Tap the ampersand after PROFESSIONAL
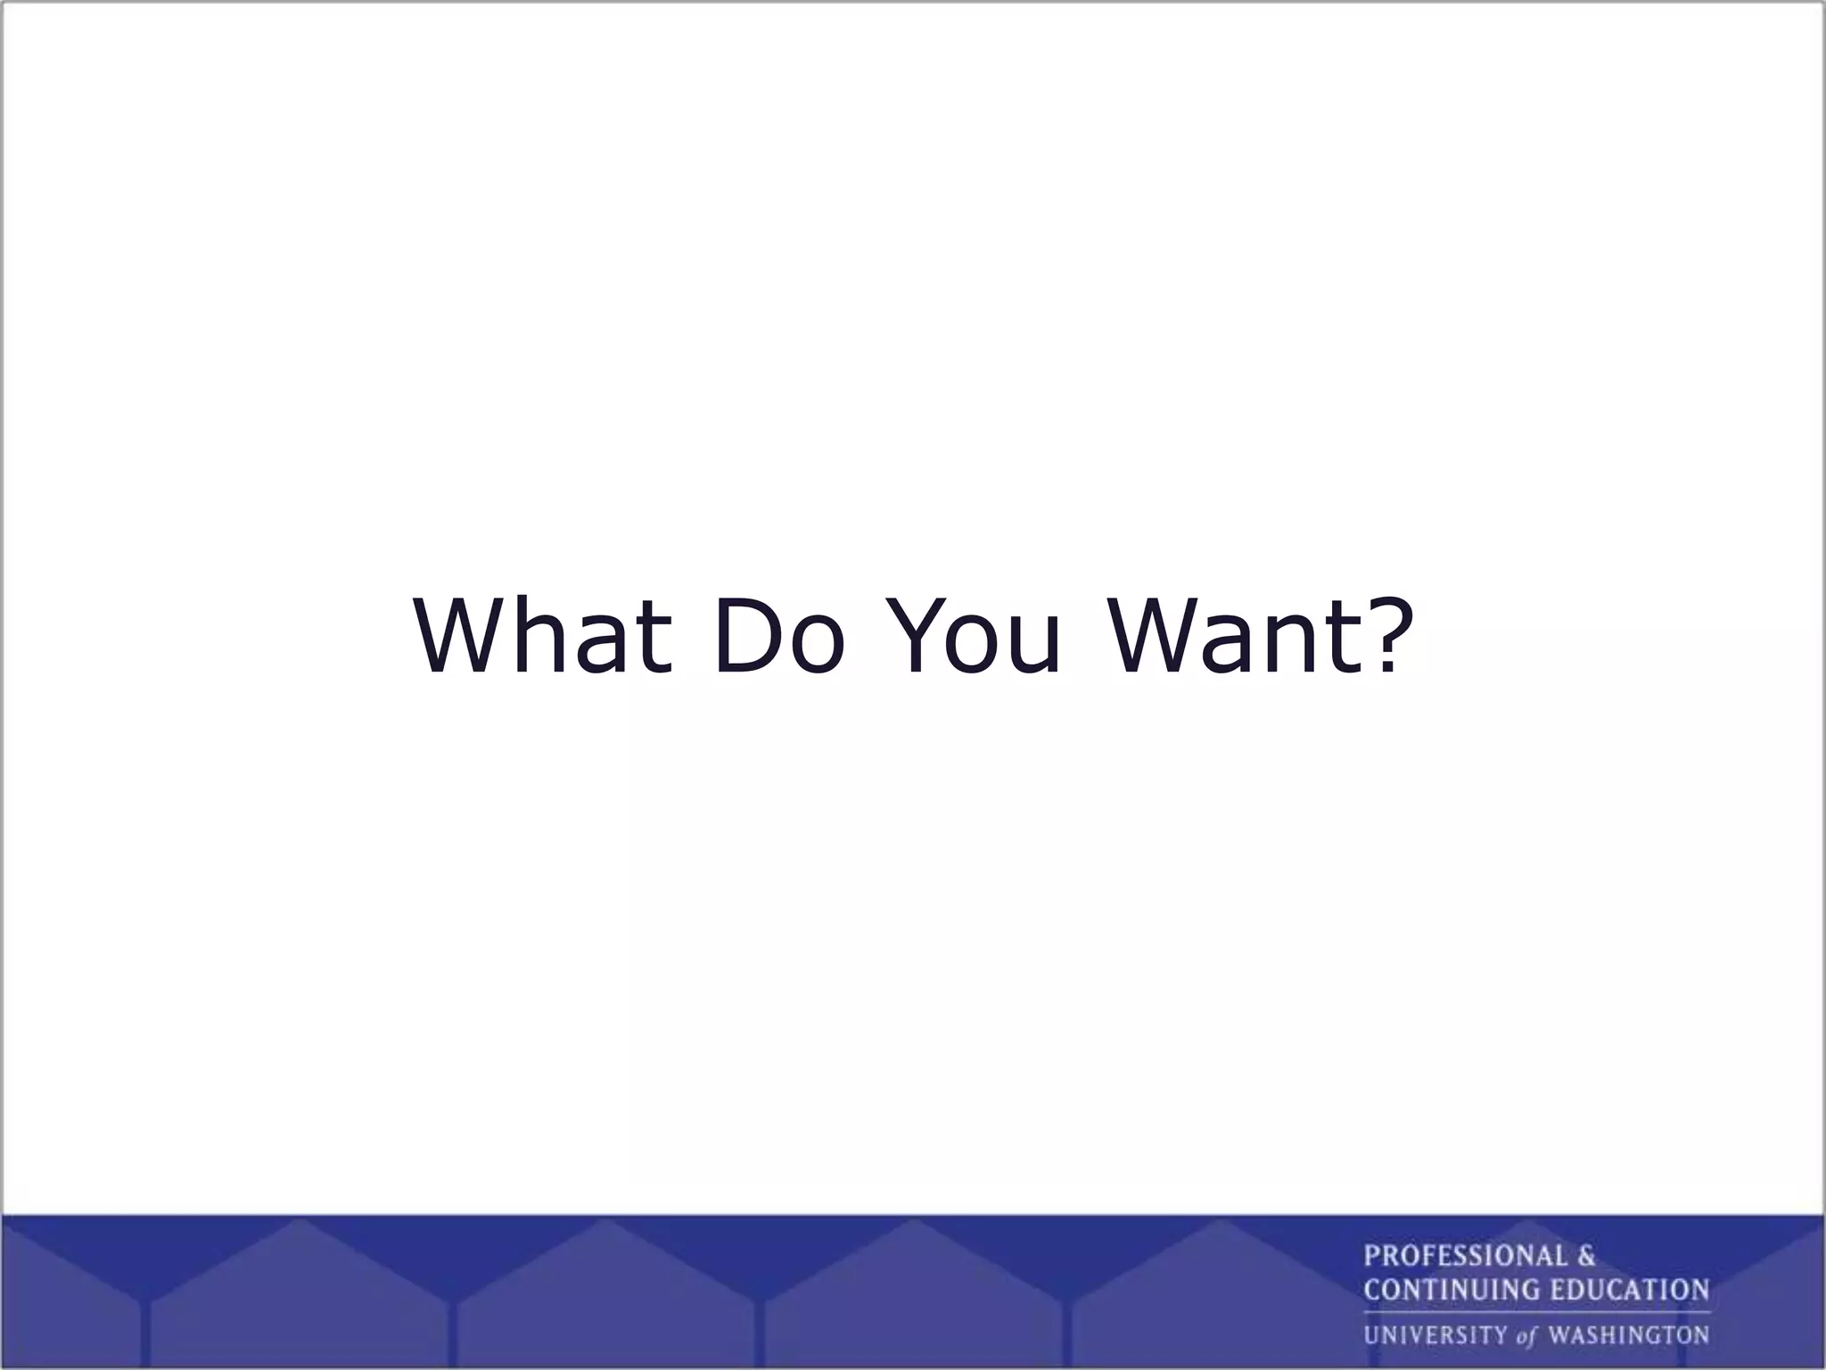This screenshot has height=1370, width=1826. click(1586, 1256)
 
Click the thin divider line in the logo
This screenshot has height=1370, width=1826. click(1536, 1312)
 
